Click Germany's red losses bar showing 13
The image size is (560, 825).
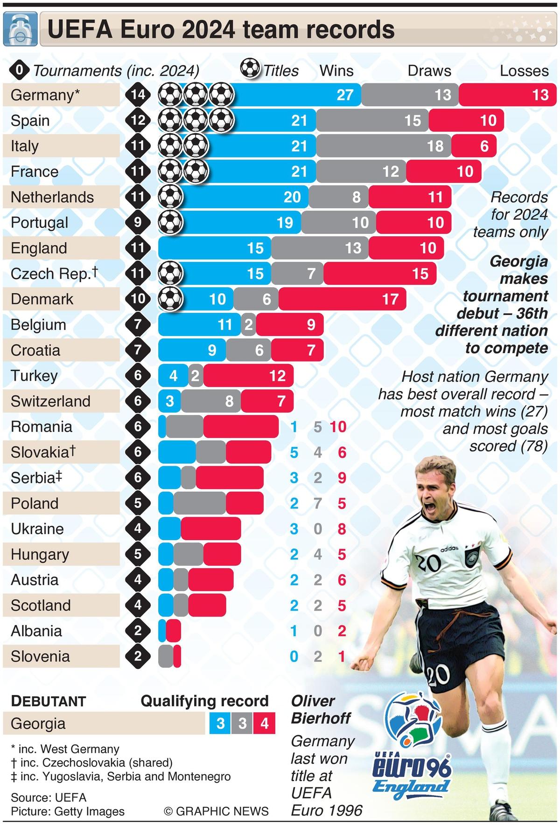pos(508,95)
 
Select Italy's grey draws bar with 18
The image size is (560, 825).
pos(384,146)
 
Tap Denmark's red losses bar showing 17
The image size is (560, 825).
pos(342,299)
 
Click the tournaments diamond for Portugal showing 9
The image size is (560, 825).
pos(138,222)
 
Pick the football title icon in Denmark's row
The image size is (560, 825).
pos(170,299)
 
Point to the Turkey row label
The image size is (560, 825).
pos(34,376)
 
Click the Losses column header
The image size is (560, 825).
pos(524,71)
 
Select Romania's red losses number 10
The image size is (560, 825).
pos(338,427)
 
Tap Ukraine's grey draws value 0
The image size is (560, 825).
pos(318,529)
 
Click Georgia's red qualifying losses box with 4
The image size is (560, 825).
pos(265,723)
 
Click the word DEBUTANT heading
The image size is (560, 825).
pos(49,701)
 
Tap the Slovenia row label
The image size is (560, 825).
pos(40,657)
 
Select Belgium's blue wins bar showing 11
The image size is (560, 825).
pos(199,325)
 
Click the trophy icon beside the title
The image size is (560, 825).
pos(20,30)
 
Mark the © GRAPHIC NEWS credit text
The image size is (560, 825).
pos(216,811)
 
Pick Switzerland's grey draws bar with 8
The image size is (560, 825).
pos(211,401)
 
